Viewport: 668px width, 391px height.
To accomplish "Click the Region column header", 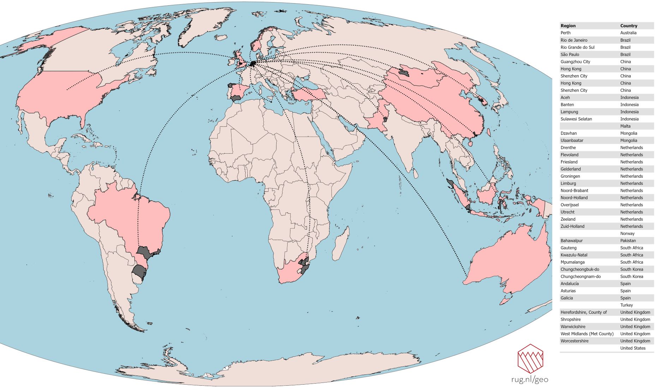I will point(568,26).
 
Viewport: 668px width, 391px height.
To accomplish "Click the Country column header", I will point(628,26).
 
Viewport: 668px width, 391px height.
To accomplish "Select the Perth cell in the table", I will point(565,33).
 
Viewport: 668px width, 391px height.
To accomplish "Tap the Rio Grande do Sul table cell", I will point(577,47).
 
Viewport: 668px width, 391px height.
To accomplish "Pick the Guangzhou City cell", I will point(575,62).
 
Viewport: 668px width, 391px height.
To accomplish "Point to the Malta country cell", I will point(625,126).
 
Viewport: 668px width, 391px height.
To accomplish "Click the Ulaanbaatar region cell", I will point(572,141).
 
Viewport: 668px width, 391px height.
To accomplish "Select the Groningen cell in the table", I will point(570,176).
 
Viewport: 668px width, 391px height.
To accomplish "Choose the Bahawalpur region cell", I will point(571,241).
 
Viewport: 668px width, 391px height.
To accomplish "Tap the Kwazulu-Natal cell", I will point(574,255).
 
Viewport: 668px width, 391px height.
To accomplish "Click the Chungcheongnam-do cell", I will point(580,277).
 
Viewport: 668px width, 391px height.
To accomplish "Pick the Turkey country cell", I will point(626,305).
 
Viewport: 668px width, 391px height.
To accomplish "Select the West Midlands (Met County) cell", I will point(587,334).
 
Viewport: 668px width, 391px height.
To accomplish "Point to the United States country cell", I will point(633,348).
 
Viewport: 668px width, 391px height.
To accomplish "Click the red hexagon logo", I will point(530,359).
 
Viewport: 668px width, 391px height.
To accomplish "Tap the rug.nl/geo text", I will point(529,380).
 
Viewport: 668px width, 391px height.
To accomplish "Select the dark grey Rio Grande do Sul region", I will point(139,272).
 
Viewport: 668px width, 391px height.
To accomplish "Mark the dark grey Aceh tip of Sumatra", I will point(450,183).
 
